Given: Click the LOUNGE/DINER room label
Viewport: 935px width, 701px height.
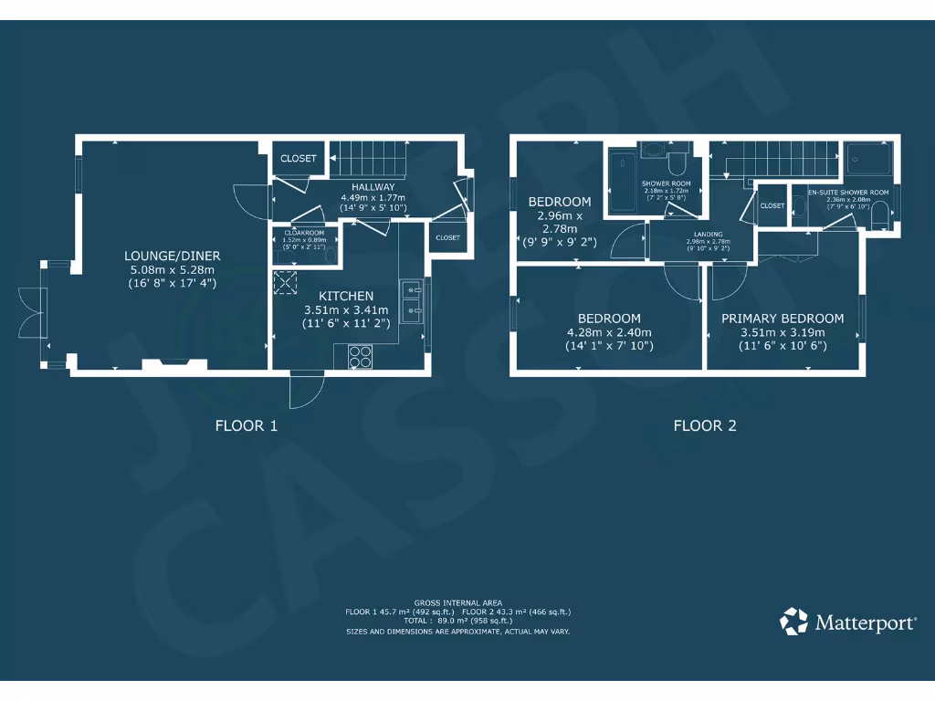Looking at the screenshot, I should tap(173, 256).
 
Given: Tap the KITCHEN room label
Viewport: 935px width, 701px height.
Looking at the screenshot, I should tap(345, 296).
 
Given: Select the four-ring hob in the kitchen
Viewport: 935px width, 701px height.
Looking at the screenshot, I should tap(359, 356).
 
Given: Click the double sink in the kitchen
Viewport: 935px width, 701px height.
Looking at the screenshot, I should tap(410, 301).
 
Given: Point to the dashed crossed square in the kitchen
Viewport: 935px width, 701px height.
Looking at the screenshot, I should tap(286, 283).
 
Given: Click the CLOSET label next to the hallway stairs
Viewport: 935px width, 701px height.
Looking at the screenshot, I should tap(298, 159).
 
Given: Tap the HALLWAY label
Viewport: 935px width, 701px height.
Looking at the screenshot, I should tap(373, 187).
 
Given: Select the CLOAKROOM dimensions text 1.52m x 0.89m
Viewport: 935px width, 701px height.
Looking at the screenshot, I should tap(303, 240).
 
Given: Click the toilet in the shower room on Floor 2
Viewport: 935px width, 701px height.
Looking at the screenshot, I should tap(677, 161).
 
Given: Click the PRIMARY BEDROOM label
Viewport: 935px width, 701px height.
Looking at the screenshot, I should tap(783, 319).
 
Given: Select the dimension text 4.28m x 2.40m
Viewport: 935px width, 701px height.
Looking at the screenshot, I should tap(609, 332).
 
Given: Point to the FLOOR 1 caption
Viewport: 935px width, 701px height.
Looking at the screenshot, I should tap(246, 425).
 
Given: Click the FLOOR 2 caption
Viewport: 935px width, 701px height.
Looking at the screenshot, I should tap(704, 425).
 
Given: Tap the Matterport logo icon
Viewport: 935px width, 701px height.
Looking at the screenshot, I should tap(793, 622).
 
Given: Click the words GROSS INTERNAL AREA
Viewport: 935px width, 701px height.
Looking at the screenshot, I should tap(457, 603).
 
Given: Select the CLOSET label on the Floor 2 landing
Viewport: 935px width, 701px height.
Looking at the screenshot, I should tap(772, 206).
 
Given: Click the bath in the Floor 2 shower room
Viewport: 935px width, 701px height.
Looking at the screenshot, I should tap(623, 179).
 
